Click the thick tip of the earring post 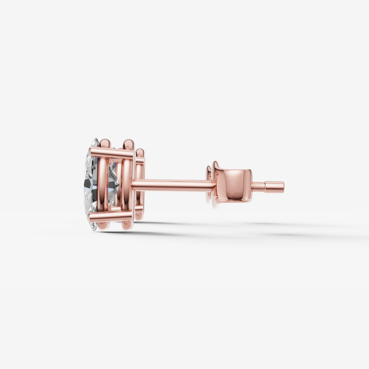click(275, 187)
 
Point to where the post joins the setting click(134, 184)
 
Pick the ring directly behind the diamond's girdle click(104, 184)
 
